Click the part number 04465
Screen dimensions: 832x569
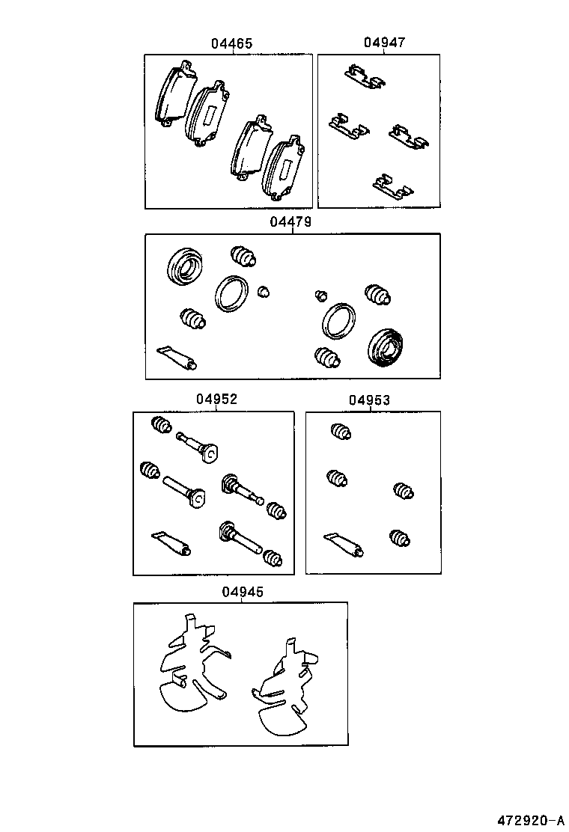(x=231, y=44)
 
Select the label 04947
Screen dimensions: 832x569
(x=384, y=43)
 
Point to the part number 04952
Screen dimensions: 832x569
(x=217, y=400)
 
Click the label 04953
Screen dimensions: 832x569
(x=369, y=400)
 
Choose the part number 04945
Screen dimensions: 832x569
(x=243, y=592)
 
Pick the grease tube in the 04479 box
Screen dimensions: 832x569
(x=177, y=358)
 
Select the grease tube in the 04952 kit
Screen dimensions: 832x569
(x=172, y=544)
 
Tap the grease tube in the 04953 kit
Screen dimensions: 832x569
(x=344, y=545)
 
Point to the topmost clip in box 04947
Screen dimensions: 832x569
(x=363, y=76)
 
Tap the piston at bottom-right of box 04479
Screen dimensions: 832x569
(x=386, y=348)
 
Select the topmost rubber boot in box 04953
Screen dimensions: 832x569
(x=341, y=432)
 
